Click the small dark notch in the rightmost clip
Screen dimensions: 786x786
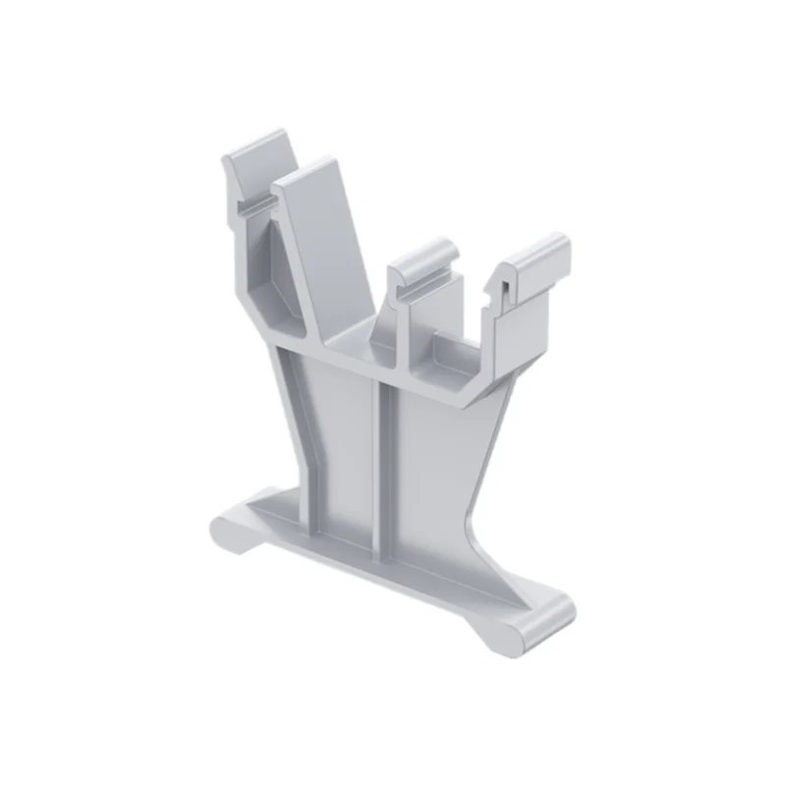[x=502, y=288]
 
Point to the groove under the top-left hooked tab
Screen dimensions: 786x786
[x=253, y=202]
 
